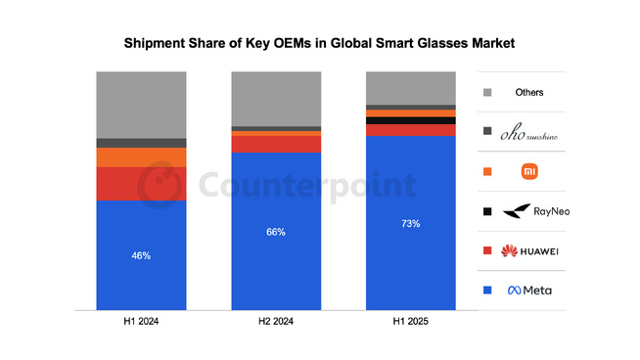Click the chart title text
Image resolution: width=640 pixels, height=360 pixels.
(319, 44)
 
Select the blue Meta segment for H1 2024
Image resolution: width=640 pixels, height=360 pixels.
(141, 284)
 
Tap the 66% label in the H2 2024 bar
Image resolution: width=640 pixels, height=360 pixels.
(276, 232)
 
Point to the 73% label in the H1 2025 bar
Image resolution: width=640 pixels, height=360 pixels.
(410, 224)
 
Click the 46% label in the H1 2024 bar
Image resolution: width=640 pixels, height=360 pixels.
(141, 255)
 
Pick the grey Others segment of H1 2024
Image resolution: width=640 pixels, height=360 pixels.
(141, 104)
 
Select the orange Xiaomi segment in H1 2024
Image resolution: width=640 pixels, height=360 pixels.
(141, 157)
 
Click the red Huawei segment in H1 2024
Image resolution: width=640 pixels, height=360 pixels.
(141, 184)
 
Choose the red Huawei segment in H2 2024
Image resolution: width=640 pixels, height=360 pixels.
(276, 144)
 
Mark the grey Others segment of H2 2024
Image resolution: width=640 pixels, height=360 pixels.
(276, 98)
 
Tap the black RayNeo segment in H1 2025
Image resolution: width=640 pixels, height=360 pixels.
(410, 120)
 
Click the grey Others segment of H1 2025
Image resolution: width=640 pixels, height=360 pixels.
(410, 87)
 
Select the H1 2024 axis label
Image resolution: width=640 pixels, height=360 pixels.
(141, 322)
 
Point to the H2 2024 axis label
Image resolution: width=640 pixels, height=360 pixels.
(276, 322)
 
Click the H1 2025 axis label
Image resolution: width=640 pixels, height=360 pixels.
(410, 322)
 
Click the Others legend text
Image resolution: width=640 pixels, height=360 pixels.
(529, 93)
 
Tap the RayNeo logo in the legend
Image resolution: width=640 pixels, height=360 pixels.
(529, 211)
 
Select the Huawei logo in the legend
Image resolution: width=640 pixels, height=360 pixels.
(529, 250)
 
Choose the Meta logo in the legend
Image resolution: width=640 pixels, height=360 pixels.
(529, 290)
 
